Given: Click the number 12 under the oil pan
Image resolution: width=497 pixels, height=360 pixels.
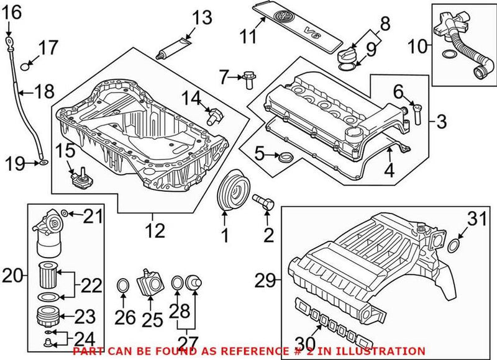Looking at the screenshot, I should [155, 231].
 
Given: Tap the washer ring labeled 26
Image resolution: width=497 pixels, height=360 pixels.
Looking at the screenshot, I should [124, 286].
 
